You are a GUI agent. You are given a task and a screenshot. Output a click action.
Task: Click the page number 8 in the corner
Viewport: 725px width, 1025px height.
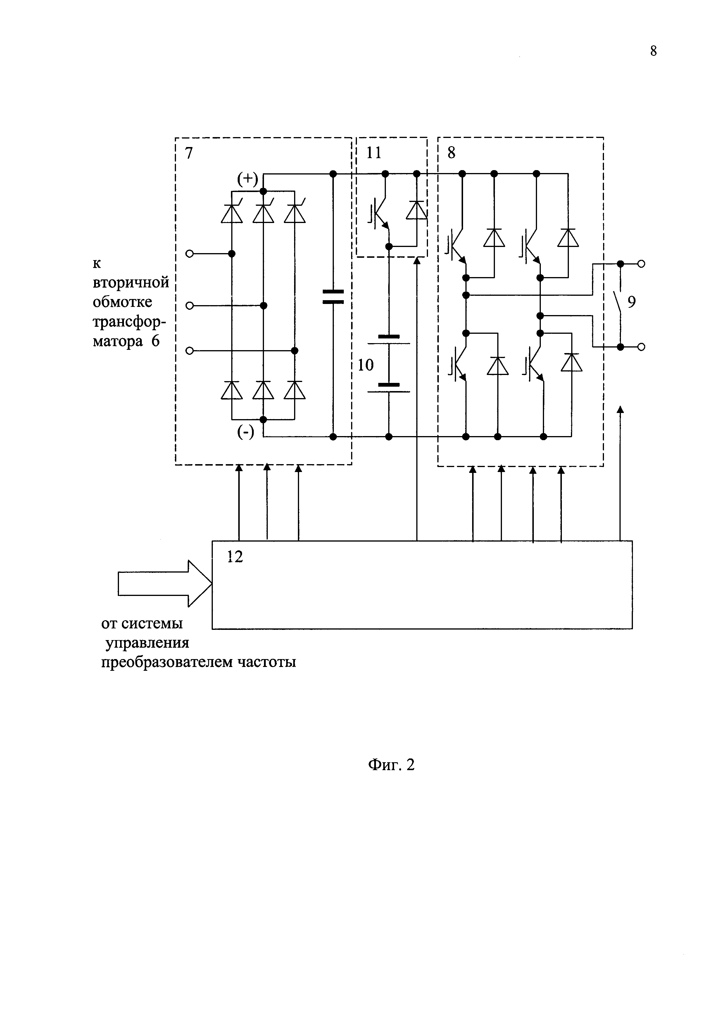pos(653,52)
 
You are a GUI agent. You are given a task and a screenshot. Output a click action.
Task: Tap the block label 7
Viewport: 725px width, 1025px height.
pos(189,153)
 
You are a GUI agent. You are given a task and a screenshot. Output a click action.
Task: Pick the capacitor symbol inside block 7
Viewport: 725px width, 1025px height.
pos(333,297)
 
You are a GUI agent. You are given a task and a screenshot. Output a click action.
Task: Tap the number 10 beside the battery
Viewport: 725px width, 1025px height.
pos(365,365)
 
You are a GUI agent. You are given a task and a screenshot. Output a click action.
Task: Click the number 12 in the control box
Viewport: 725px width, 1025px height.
pos(235,557)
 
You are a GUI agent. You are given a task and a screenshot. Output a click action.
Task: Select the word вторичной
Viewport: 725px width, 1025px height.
pos(131,283)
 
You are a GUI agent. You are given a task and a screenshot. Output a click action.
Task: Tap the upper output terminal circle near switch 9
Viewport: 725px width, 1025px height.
pos(641,264)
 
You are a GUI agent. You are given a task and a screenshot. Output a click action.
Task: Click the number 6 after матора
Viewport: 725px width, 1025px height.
pos(155,341)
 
